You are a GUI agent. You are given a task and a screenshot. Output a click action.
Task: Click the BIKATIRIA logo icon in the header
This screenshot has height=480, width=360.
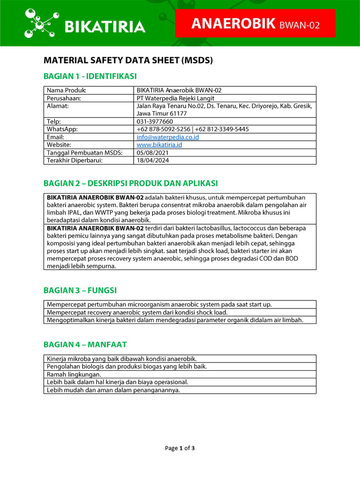41,23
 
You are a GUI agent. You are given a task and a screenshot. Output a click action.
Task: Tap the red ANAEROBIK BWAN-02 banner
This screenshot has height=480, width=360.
255,23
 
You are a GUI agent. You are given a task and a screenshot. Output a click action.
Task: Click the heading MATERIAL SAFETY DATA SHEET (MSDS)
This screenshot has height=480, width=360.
128,60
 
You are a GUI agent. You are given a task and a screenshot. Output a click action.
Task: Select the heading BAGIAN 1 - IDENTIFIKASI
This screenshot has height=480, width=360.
90,76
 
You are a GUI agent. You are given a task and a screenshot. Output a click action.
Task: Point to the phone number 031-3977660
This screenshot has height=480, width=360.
155,121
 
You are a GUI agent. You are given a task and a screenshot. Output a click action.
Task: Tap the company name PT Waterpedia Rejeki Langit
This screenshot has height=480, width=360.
175,98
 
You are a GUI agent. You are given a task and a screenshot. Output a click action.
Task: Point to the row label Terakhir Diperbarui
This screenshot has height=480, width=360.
75,160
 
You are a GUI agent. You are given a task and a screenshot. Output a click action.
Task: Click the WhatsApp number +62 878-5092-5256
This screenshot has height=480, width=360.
163,129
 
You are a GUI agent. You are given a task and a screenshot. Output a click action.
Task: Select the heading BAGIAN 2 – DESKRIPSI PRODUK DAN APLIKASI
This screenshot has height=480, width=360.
130,183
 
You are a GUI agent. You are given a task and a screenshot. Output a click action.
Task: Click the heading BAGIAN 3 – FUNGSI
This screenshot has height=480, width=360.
80,290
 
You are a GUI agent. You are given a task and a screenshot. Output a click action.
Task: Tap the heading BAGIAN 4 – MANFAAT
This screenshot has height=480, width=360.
85,345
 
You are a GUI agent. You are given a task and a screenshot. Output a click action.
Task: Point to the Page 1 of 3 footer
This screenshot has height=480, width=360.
180,448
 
